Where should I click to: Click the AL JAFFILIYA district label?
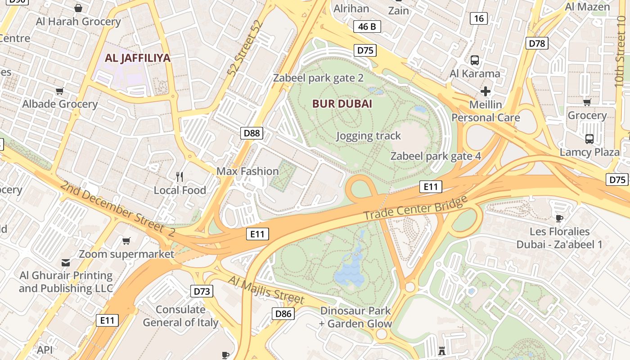[138, 58]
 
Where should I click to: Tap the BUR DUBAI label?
[342, 103]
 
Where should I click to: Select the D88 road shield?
[252, 133]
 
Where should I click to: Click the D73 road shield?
[202, 291]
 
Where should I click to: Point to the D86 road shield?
[283, 314]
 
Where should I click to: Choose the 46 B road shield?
[367, 27]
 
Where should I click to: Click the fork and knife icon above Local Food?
[180, 177]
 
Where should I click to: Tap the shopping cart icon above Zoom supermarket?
[126, 241]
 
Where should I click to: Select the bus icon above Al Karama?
[475, 60]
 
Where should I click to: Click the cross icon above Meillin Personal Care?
[485, 91]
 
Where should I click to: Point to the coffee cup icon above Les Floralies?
[559, 218]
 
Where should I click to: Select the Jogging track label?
[368, 135]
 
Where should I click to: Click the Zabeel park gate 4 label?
[436, 156]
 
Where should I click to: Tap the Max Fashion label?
[247, 171]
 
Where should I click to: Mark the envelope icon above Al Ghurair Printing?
[66, 262]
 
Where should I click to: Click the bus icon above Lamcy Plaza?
[589, 139]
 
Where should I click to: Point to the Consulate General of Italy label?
[180, 316]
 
